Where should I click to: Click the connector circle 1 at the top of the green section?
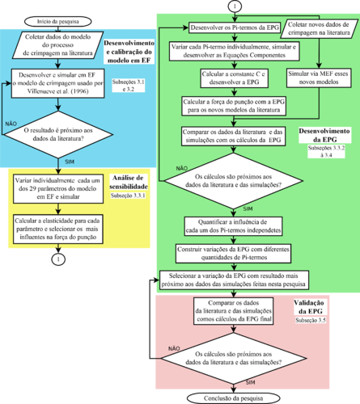tap(235, 6)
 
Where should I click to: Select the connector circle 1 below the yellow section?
tap(59, 259)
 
